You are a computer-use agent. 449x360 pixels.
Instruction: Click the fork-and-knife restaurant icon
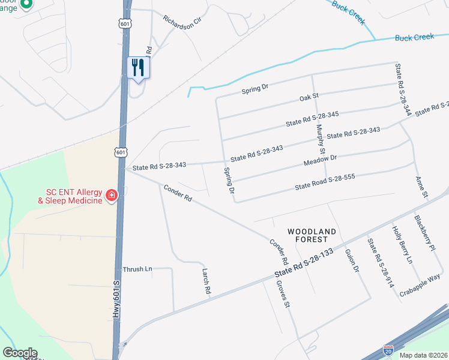click(139, 67)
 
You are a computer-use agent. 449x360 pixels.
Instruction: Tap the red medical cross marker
click(111, 195)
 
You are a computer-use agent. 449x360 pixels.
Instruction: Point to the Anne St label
click(421, 187)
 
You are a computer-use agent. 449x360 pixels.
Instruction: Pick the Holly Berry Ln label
click(402, 245)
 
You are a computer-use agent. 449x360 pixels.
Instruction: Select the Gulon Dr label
click(352, 262)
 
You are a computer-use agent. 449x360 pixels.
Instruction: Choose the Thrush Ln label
click(137, 269)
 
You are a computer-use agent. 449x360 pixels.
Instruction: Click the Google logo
click(20, 353)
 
